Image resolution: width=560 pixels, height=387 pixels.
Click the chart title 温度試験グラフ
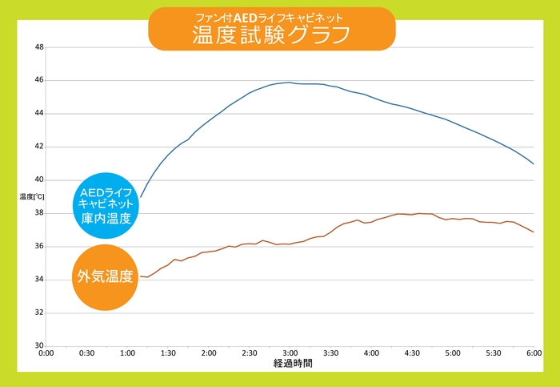(x=272, y=34)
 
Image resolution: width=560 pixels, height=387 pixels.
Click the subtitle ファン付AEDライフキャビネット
(x=272, y=16)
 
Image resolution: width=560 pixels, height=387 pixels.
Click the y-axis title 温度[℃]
(x=32, y=196)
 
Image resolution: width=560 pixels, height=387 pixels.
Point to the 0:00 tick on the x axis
(x=46, y=353)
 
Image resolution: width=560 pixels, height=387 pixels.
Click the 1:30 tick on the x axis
(x=168, y=353)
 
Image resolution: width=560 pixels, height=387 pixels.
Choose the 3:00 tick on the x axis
(x=290, y=353)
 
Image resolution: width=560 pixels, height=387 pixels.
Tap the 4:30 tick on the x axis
(x=412, y=353)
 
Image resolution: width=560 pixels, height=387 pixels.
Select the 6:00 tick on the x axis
(x=534, y=353)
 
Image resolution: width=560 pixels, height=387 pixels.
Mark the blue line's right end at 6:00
(x=534, y=163)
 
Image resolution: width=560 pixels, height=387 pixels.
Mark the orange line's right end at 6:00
(x=534, y=232)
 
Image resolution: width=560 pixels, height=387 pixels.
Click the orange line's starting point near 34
(x=141, y=276)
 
